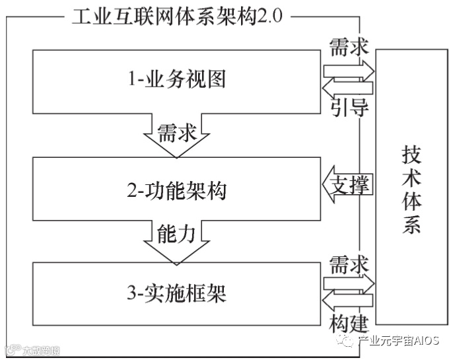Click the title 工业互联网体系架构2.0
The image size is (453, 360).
click(x=177, y=16)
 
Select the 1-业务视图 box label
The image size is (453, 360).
click(x=177, y=79)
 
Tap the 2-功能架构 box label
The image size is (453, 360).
click(x=177, y=192)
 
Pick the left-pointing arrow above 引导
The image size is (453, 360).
click(x=347, y=87)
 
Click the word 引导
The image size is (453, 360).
click(x=348, y=107)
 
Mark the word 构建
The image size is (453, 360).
click(x=348, y=323)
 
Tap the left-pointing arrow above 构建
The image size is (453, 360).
click(x=347, y=302)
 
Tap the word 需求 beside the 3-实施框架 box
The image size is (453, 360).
click(x=348, y=264)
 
